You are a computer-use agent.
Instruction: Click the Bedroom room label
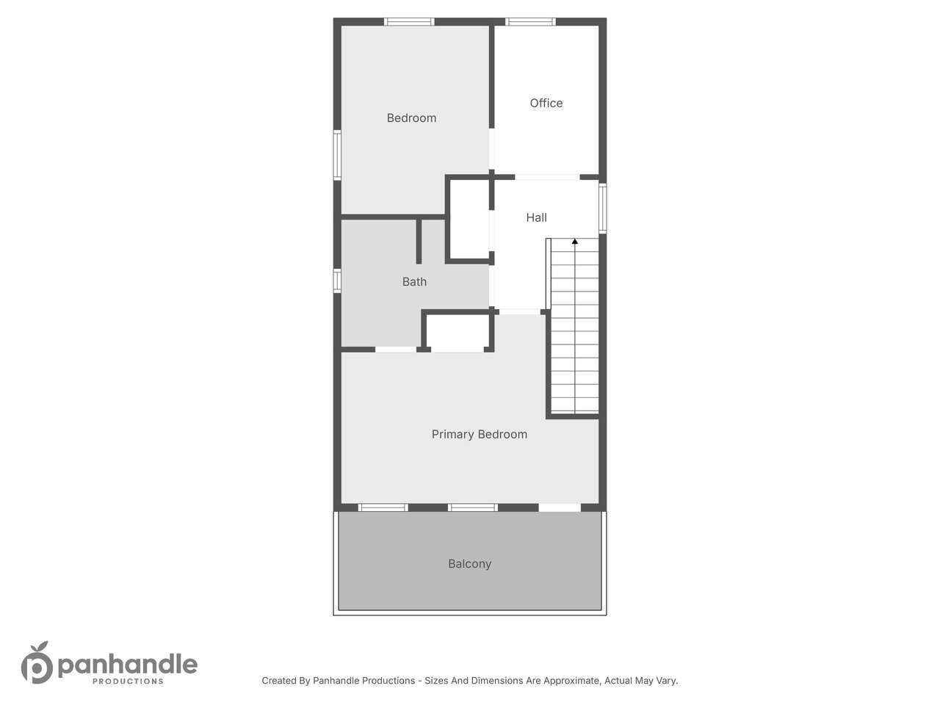click(411, 117)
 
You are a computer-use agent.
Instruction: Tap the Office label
click(546, 103)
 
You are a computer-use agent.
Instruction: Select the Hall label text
click(536, 217)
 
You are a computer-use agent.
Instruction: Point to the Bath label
click(414, 282)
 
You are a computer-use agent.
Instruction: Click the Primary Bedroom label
click(480, 435)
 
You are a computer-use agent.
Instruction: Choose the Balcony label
click(469, 564)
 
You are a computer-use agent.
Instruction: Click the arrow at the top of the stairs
click(575, 242)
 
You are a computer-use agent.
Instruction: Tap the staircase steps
click(574, 326)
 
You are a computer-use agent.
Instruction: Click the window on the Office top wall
click(530, 22)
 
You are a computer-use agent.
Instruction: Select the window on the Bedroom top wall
click(409, 22)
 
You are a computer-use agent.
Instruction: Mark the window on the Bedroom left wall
click(338, 155)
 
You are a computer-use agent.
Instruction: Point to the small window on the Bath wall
click(338, 281)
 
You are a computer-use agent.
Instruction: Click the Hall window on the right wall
click(602, 209)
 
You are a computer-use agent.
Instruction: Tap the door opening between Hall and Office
click(547, 177)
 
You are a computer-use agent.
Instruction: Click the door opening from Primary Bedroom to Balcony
click(560, 507)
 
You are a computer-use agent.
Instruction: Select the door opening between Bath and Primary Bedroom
click(396, 350)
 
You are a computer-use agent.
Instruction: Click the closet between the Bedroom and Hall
click(469, 220)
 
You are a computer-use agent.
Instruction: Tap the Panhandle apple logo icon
click(37, 662)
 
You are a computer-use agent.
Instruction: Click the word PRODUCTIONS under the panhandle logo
click(128, 681)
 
